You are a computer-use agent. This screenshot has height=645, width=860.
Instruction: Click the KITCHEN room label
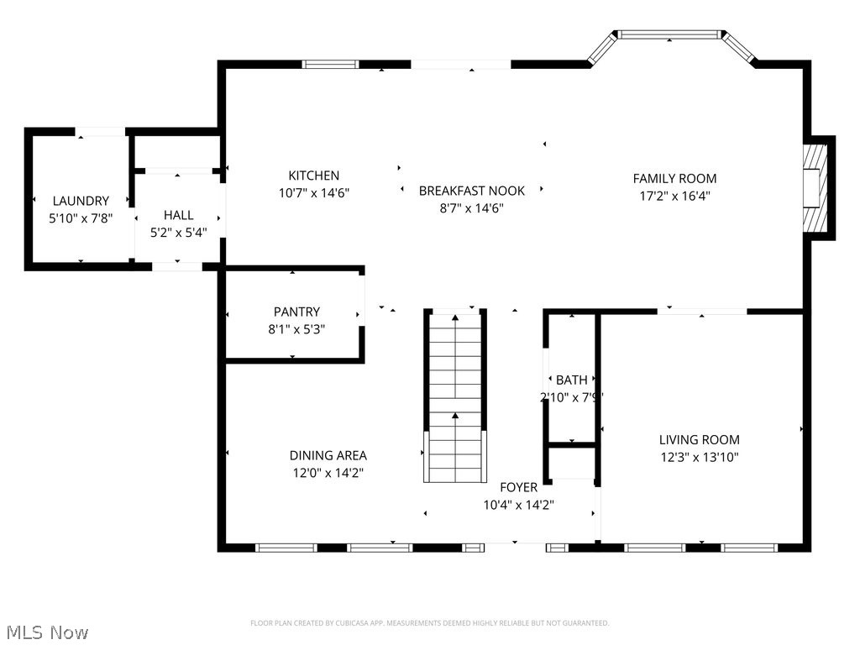click(314, 176)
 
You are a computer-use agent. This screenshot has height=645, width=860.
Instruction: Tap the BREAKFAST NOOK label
click(472, 191)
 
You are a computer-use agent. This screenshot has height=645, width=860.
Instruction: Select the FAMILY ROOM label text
click(674, 178)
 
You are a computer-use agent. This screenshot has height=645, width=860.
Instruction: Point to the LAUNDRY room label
click(81, 201)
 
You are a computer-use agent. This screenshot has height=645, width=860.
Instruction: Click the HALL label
click(178, 216)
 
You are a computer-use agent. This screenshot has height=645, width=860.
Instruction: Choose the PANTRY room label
click(296, 312)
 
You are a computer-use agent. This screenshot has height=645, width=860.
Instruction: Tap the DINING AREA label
click(328, 455)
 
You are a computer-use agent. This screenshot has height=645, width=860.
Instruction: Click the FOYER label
click(518, 487)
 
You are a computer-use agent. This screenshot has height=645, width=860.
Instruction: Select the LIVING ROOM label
click(699, 439)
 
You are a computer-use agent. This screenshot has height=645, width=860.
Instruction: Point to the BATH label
click(571, 380)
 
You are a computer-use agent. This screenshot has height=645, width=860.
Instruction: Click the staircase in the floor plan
click(455, 395)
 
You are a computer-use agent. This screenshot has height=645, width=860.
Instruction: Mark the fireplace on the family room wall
click(815, 187)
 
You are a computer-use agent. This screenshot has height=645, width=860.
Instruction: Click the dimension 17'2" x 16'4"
click(674, 196)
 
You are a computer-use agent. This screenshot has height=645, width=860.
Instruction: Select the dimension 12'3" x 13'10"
click(699, 458)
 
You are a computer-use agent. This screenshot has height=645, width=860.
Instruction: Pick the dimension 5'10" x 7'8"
click(81, 218)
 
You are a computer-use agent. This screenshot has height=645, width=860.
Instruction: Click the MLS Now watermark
click(46, 632)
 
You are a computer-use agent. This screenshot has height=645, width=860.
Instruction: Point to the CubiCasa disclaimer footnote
click(429, 623)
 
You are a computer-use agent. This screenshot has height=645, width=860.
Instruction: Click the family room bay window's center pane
click(669, 34)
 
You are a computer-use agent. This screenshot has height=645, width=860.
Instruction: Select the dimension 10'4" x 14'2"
click(518, 505)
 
